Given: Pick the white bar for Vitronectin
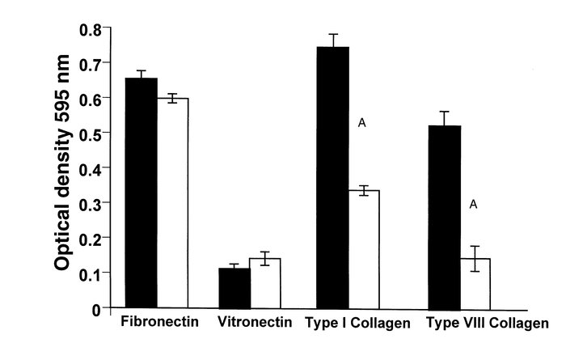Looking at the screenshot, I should coord(265,283).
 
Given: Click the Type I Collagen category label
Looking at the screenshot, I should coord(357,323).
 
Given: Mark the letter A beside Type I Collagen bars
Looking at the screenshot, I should coord(363,123).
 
